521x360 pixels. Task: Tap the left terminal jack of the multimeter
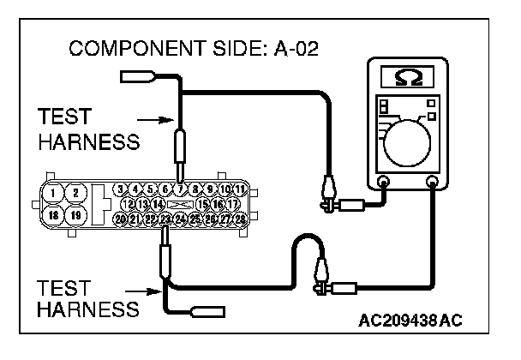(x=383, y=182)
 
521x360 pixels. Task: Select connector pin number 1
(x=54, y=192)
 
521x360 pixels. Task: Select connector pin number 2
(x=75, y=192)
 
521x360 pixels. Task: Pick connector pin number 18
(x=54, y=214)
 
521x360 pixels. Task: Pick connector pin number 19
(x=75, y=214)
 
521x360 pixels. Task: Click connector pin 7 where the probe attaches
(x=180, y=189)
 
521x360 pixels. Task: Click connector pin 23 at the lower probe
(x=165, y=220)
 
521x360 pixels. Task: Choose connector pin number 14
(x=159, y=204)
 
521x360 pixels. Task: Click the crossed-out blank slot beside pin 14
(x=181, y=204)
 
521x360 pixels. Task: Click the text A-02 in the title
(x=294, y=48)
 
